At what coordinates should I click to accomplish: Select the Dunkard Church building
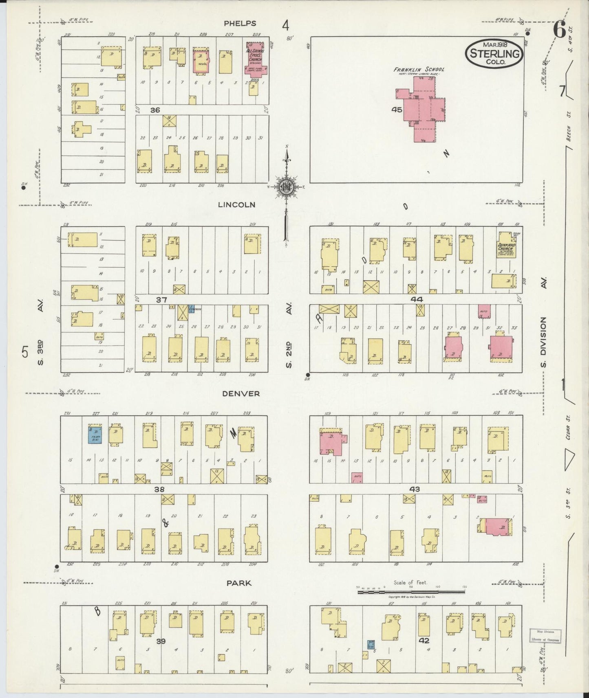505,246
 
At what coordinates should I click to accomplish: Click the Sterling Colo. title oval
494,53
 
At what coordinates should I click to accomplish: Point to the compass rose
287,187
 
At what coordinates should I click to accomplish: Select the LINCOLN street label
236,204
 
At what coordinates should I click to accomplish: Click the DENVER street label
241,393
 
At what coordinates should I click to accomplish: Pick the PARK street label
238,583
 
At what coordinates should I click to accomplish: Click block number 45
397,109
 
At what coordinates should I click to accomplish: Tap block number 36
155,110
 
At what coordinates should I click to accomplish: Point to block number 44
417,299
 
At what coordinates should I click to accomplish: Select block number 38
159,489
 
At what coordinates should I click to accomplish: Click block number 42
424,640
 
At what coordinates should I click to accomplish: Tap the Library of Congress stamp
545,635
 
